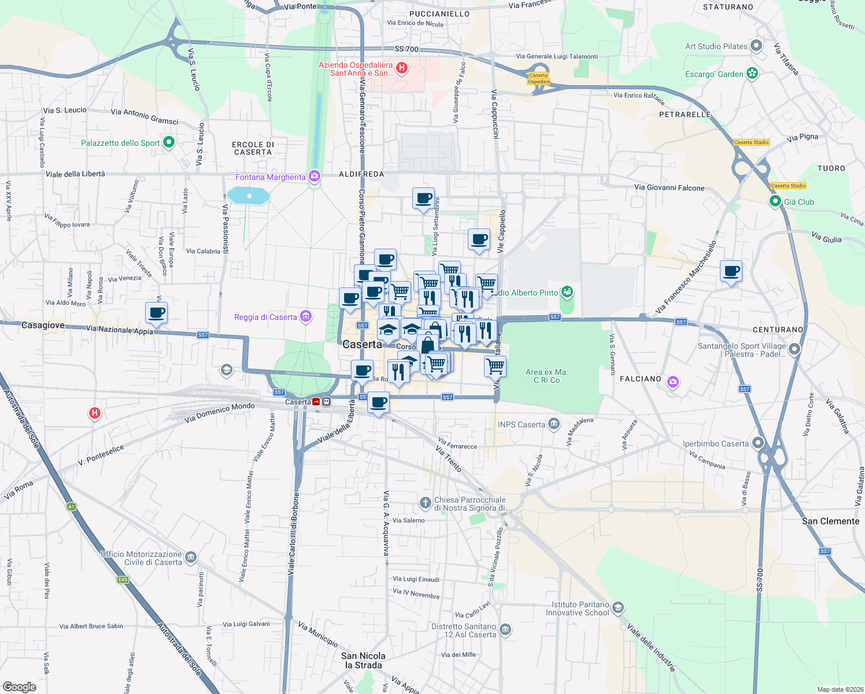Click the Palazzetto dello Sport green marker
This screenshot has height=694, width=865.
tap(169, 142)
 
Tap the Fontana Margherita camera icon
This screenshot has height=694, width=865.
tap(315, 175)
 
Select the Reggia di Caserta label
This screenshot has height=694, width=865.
tap(265, 317)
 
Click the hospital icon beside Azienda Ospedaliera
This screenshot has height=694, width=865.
tap(402, 68)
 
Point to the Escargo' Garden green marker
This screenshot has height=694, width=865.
tap(752, 73)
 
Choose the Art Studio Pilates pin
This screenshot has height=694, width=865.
tap(756, 46)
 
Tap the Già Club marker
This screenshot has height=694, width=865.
tap(775, 201)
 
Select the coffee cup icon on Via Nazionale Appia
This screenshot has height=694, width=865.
tap(157, 313)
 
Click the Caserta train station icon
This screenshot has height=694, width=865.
tap(317, 402)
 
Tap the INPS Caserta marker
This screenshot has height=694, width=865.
tap(554, 424)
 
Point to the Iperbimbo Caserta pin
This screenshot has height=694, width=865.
tap(757, 444)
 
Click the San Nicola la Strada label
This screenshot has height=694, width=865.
tap(363, 660)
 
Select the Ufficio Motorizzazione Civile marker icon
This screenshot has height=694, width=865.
tap(191, 558)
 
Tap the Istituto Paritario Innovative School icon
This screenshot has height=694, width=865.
tap(618, 607)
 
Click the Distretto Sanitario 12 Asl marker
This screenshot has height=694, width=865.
tap(505, 629)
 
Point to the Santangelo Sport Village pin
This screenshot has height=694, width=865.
tap(794, 349)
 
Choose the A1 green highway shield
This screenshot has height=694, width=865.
tap(71, 507)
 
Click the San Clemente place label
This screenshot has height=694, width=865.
tap(830, 521)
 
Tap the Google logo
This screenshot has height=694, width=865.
tap(20, 686)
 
